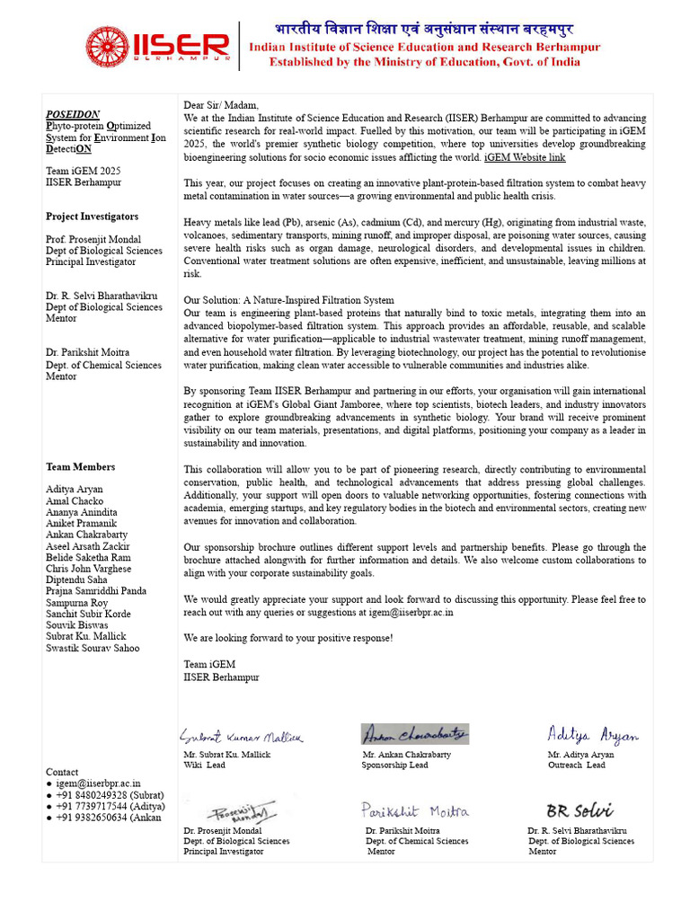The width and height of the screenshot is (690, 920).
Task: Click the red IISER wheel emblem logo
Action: click(108, 47)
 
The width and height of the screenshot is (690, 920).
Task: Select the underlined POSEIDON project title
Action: click(73, 115)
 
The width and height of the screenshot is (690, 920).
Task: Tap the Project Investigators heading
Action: click(92, 217)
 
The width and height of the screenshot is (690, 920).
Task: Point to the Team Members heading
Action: click(80, 467)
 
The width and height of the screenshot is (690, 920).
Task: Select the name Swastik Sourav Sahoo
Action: click(93, 648)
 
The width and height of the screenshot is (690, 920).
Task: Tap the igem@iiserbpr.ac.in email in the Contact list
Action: click(98, 783)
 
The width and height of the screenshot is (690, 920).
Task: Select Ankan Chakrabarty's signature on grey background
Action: click(415, 734)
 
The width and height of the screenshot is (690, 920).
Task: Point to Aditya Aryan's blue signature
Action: click(593, 735)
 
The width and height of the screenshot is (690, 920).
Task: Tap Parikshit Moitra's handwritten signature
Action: click(415, 811)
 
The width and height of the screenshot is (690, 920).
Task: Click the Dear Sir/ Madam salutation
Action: click(221, 106)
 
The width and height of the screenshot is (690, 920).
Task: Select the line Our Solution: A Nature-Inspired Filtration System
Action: click(288, 300)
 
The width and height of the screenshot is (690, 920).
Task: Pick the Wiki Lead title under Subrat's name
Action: click(204, 765)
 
